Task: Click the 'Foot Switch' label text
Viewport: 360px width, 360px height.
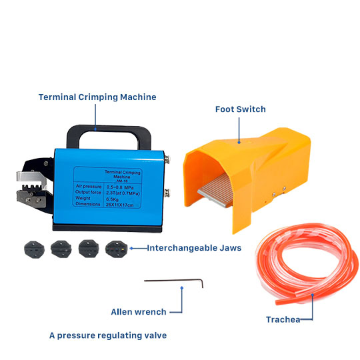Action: pyautogui.click(x=241, y=109)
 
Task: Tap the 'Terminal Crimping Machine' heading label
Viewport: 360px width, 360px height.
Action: pyautogui.click(x=97, y=97)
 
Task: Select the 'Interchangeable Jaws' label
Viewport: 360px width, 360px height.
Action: pyautogui.click(x=194, y=248)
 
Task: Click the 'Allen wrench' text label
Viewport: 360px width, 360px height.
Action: pyautogui.click(x=139, y=312)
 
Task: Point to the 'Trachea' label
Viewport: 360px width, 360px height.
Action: pyautogui.click(x=283, y=319)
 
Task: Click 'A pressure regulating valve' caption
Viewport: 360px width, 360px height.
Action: pyautogui.click(x=108, y=335)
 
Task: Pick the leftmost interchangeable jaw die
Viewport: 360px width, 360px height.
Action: pyautogui.click(x=34, y=249)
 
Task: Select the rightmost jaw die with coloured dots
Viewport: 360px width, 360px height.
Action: pyautogui.click(x=116, y=249)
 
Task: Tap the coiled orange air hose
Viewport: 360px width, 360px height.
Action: pyautogui.click(x=307, y=262)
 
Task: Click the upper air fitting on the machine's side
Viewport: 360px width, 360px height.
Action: pyautogui.click(x=167, y=159)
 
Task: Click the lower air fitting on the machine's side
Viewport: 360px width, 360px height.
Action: pyautogui.click(x=167, y=193)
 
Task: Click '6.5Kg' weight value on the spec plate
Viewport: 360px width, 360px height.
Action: pyautogui.click(x=112, y=199)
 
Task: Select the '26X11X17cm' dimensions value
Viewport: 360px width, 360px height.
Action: pyautogui.click(x=119, y=205)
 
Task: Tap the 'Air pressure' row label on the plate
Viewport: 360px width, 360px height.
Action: pyautogui.click(x=89, y=187)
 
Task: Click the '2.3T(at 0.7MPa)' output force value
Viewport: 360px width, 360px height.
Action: pyautogui.click(x=123, y=193)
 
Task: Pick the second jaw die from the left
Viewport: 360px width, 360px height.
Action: pyautogui.click(x=61, y=249)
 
